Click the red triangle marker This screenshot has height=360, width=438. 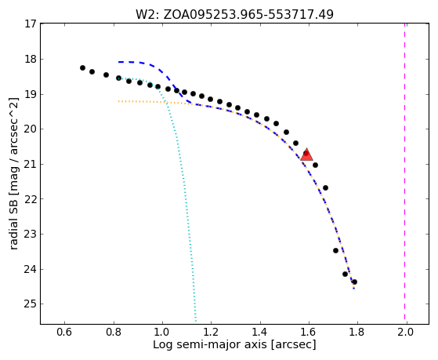click(306, 155)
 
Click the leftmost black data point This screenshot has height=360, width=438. click(82, 67)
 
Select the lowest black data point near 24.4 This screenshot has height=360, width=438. click(354, 282)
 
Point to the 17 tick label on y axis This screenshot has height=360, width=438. click(31, 24)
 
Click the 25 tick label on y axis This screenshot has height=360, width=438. click(31, 304)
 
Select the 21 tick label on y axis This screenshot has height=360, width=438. click(31, 164)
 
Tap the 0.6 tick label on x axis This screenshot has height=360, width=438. click(65, 332)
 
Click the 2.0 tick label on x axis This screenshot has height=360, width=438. click(405, 332)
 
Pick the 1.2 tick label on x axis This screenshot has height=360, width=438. click(211, 332)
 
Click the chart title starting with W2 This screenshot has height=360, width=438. click(234, 14)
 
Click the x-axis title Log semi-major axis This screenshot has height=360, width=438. click(234, 344)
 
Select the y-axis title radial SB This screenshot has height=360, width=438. click(13, 173)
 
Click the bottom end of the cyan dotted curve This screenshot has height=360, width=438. click(196, 322)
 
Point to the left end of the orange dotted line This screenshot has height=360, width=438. click(119, 101)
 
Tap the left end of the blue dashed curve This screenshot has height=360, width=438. click(119, 62)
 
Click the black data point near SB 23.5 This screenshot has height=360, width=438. click(336, 250)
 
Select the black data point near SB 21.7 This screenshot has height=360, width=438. click(325, 187)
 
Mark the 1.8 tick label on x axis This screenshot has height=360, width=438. click(357, 332)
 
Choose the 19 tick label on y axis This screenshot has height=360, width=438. click(31, 94)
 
